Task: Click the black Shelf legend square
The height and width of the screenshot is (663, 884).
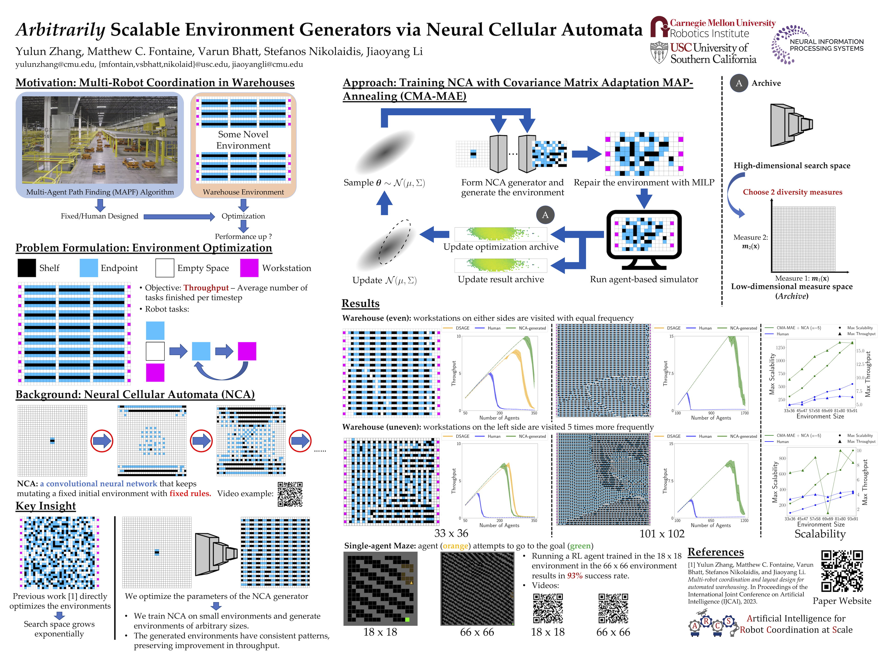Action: (27, 268)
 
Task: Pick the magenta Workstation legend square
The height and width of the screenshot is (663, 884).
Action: (249, 268)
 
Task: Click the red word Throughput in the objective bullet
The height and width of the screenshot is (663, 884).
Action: (206, 288)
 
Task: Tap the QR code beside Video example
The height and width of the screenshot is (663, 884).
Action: (290, 494)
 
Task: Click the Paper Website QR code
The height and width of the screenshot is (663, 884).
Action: (842, 571)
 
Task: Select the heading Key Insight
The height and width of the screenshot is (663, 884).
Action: (46, 506)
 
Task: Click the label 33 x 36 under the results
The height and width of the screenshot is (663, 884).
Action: (451, 533)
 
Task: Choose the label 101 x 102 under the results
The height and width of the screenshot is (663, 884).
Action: (662, 534)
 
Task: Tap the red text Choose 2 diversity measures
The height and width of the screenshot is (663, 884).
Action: (792, 192)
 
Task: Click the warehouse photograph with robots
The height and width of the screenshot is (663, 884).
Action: (100, 140)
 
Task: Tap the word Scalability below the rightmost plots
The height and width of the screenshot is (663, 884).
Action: (820, 534)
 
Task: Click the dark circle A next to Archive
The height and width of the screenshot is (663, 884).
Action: (739, 83)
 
